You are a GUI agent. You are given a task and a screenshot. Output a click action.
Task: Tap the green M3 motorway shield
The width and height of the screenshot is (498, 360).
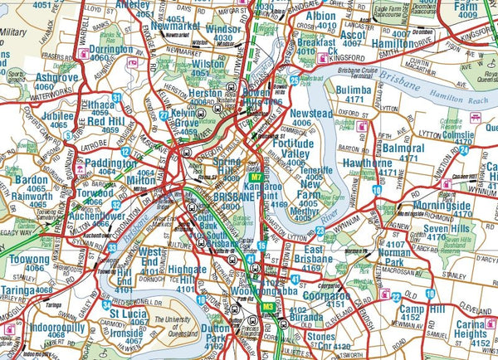(x=268, y=308)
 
